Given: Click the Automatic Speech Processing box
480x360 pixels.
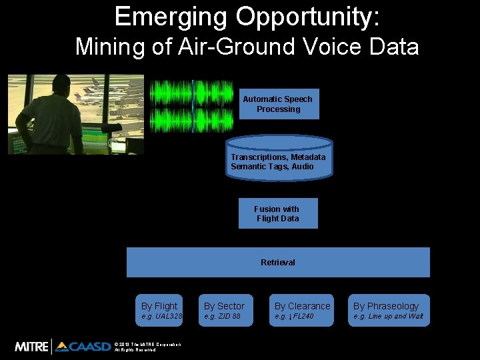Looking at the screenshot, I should pyautogui.click(x=278, y=104).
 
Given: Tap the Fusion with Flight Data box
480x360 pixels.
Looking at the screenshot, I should pyautogui.click(x=278, y=213).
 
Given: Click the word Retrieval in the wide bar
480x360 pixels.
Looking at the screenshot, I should pyautogui.click(x=278, y=262).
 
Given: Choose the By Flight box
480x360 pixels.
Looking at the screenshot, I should pyautogui.click(x=160, y=310).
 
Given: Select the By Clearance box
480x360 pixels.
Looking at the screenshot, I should pyautogui.click(x=302, y=310).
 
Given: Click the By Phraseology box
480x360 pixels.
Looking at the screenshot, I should pyautogui.click(x=388, y=310).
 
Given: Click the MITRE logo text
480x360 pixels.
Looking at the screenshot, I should pyautogui.click(x=32, y=346).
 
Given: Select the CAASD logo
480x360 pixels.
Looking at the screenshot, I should pyautogui.click(x=83, y=346).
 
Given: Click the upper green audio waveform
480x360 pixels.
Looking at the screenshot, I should pyautogui.click(x=192, y=92).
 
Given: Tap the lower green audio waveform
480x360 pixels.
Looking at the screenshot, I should pyautogui.click(x=192, y=119).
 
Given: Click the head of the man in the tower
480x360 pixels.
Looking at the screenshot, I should pyautogui.click(x=61, y=86).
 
